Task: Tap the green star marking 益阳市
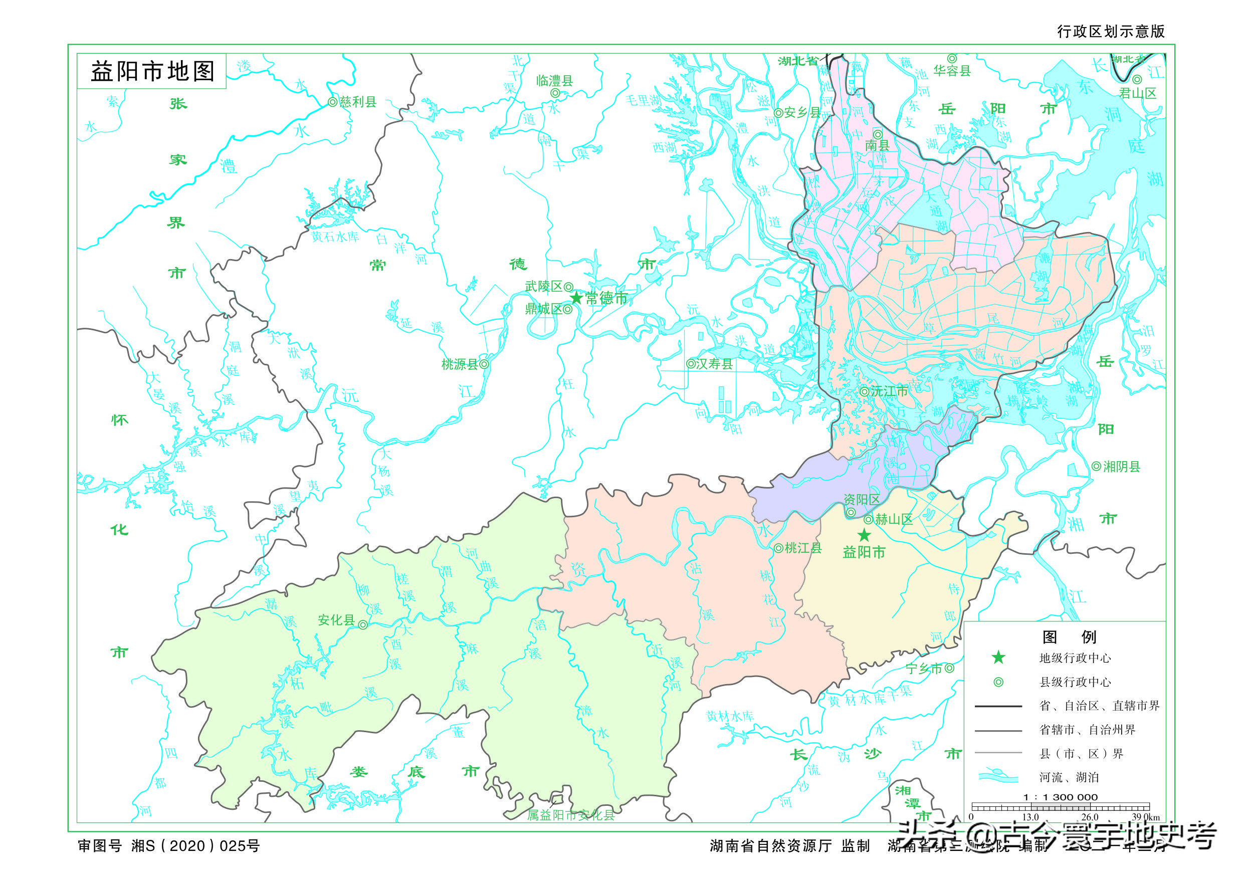pos(864,535)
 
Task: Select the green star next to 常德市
pos(576,298)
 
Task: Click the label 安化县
pos(336,620)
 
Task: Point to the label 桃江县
pos(803,548)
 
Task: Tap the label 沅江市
pos(889,391)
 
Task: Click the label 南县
pos(877,145)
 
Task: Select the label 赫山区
pos(894,519)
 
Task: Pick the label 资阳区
pos(862,499)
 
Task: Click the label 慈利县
pos(358,102)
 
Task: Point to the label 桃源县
pos(460,364)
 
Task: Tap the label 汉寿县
pos(714,364)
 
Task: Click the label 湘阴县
pos(1122,466)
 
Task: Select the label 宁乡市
pos(924,668)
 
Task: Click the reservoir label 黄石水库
pos(335,237)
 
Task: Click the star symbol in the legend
pos(998,658)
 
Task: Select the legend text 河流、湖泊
pos(1069,777)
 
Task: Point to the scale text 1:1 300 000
pos(1060,797)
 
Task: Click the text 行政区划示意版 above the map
pos(1111,32)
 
